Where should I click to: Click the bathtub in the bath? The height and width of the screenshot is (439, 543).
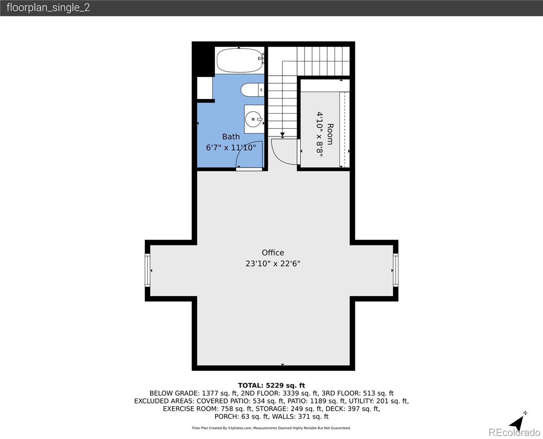tap(239, 61)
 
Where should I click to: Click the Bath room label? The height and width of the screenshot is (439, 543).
tap(231, 137)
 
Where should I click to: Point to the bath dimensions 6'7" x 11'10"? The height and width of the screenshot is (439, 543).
tap(231, 147)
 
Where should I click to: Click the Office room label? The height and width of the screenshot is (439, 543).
tap(273, 252)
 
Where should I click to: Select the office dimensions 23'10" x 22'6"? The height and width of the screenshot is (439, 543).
tap(273, 263)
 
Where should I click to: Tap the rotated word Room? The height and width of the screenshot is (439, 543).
tap(330, 134)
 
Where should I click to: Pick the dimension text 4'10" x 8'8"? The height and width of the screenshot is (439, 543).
tap(320, 134)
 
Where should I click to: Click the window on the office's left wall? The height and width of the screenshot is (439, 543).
tap(147, 270)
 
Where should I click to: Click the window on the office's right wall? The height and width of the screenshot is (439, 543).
tap(396, 270)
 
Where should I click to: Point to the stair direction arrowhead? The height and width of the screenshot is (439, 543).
tap(282, 135)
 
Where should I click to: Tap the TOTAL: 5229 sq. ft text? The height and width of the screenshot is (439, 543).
tap(271, 386)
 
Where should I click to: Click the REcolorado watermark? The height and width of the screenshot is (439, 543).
tap(514, 432)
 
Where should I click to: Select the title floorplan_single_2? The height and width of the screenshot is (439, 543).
tap(48, 8)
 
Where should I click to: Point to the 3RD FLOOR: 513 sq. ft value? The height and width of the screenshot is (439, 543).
tap(357, 393)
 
